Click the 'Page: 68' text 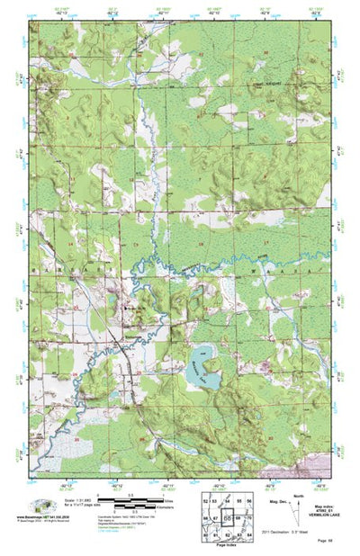(x=323, y=539)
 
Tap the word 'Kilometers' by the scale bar (x=172, y=510)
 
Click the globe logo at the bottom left (x=40, y=505)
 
